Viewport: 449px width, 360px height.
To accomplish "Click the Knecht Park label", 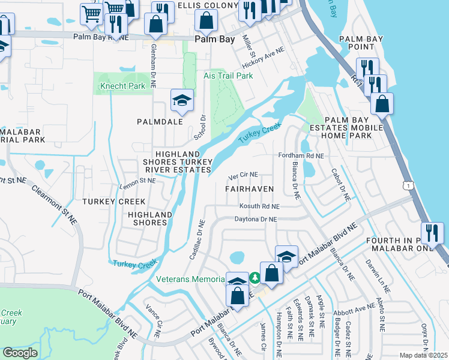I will coord(120,86).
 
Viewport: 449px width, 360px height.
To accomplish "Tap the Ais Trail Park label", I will coord(228,76).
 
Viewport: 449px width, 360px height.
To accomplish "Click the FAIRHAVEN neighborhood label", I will coord(249,188).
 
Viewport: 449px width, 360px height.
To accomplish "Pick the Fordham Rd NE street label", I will coord(301,155).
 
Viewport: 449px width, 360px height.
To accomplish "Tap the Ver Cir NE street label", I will coord(243,175).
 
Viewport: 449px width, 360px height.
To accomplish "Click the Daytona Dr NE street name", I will coord(256,220).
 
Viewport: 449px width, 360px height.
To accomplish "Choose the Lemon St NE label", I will coord(138,180).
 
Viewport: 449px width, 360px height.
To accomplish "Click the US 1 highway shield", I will coord(409,187).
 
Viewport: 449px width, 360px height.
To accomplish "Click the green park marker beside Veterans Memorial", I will coord(255,278).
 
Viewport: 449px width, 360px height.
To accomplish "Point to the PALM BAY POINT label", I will coord(361,43).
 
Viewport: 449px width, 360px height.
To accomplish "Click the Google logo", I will coord(20,353).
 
